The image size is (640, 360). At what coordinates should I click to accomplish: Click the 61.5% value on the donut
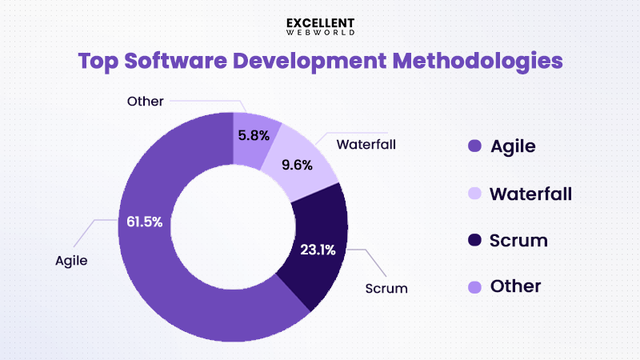145,222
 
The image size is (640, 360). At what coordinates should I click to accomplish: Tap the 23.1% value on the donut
317,249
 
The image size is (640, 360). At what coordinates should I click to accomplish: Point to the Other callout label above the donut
145,101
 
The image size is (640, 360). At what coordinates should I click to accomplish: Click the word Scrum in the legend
519,240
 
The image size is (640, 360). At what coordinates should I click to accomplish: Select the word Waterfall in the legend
530,194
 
